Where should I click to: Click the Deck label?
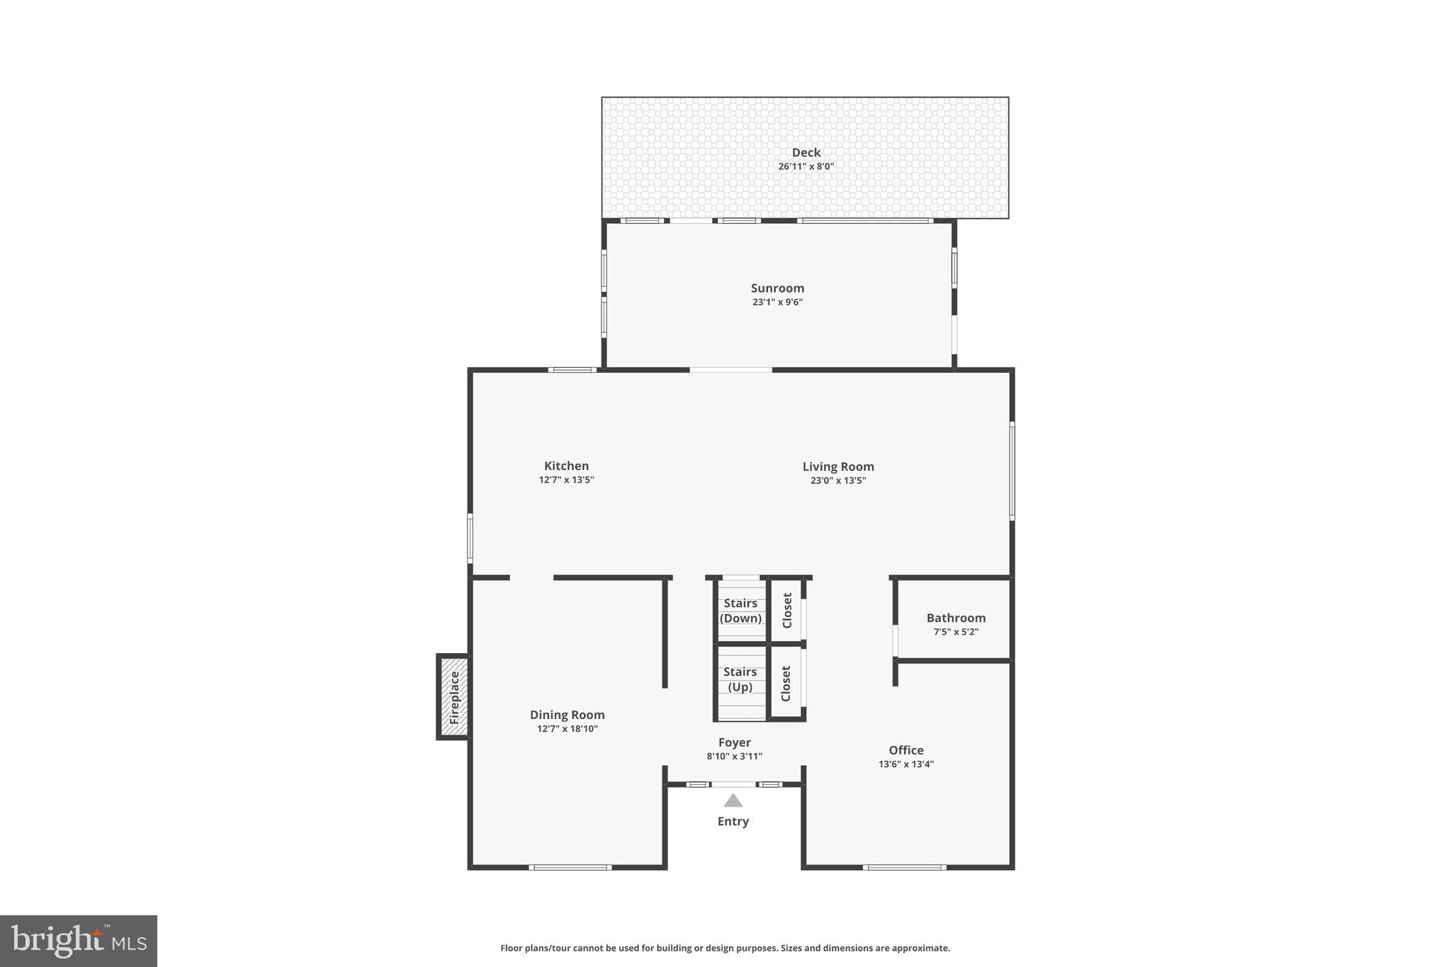click(x=806, y=152)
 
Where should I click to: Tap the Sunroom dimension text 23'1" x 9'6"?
click(x=777, y=302)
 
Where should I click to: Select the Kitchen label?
click(x=566, y=465)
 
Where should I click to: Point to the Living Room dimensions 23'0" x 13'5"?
click(x=838, y=480)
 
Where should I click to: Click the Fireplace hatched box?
click(x=453, y=697)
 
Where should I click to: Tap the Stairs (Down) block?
click(x=740, y=610)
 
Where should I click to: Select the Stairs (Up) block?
click(x=740, y=680)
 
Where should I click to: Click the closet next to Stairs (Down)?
click(x=786, y=610)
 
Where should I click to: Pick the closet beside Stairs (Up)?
click(x=786, y=683)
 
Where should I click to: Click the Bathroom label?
click(x=956, y=618)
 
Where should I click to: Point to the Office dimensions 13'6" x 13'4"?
click(x=906, y=764)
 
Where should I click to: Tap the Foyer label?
click(x=734, y=742)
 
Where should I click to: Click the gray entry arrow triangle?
click(x=733, y=801)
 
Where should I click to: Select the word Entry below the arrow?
click(x=733, y=821)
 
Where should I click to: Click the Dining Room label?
click(x=567, y=715)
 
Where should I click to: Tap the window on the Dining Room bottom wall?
click(x=570, y=867)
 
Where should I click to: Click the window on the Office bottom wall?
click(x=904, y=867)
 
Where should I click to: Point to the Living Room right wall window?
click(x=1012, y=471)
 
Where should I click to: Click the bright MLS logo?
click(x=79, y=941)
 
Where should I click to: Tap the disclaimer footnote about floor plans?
click(x=725, y=948)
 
